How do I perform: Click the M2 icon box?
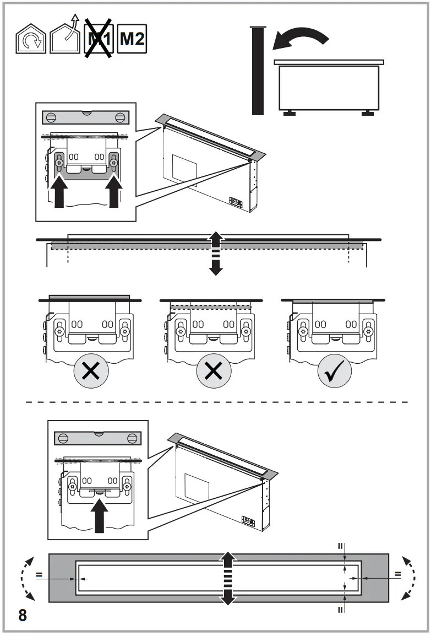point(132,39)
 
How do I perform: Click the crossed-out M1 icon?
point(99,39)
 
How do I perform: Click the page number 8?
point(23,615)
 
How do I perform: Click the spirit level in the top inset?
point(85,117)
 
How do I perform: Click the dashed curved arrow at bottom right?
point(408,579)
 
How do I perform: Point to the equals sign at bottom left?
point(40,574)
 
